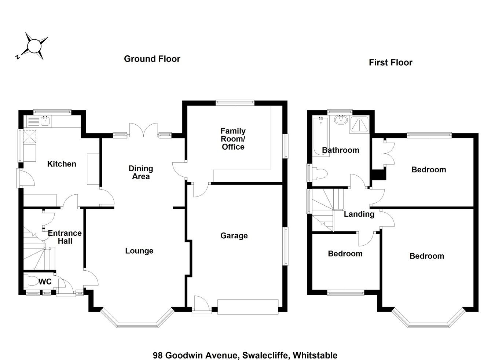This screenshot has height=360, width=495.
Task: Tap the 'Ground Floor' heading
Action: [152, 59]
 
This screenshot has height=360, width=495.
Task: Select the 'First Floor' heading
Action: [390, 62]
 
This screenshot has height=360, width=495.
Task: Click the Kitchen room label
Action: [62, 164]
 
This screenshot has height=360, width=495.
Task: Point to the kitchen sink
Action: [45, 121]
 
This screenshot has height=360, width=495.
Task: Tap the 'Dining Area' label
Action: [140, 172]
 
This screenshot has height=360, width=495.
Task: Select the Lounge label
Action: [139, 251]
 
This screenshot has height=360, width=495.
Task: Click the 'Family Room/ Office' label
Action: [233, 139]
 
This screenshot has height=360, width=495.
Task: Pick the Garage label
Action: [234, 236]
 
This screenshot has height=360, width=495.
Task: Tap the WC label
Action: [45, 282]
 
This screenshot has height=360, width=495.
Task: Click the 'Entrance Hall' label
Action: [65, 237]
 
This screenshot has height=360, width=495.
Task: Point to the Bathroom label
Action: [340, 150]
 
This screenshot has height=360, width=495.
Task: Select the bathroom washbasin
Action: [341, 120]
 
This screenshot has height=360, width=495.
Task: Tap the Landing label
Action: [359, 214]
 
